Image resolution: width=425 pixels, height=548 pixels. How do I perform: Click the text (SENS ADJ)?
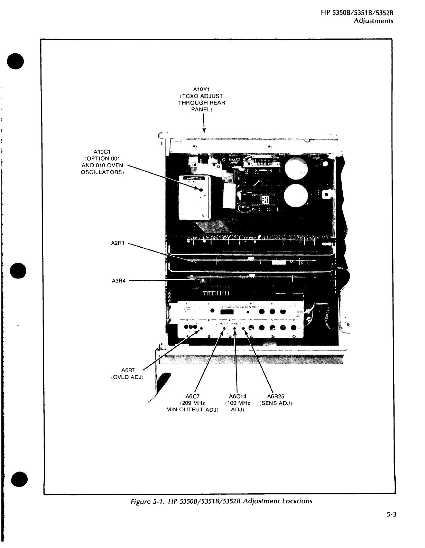[x=276, y=403]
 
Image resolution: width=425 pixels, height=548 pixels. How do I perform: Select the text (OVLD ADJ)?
[x=127, y=377]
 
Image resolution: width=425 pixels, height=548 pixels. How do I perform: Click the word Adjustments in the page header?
[x=373, y=21]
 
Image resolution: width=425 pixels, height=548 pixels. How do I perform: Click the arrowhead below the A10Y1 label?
[x=204, y=130]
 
